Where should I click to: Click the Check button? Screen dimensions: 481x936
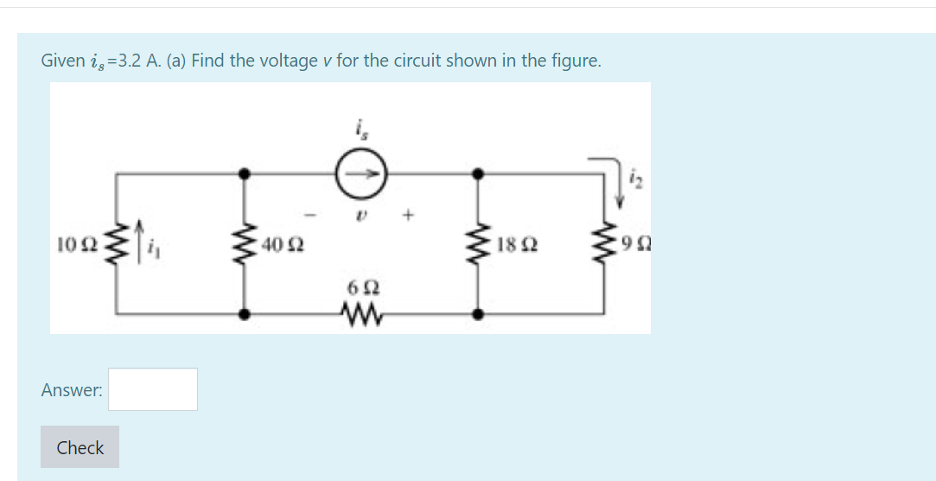pyautogui.click(x=80, y=447)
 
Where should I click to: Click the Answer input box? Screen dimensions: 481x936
pyautogui.click(x=153, y=389)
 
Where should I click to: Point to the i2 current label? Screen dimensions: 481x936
pyautogui.click(x=635, y=179)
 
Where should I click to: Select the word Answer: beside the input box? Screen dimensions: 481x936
pyautogui.click(x=71, y=390)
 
